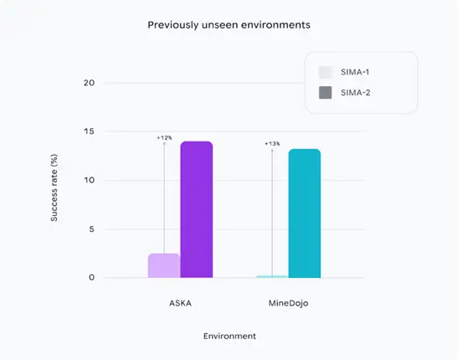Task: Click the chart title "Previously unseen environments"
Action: [x=229, y=25]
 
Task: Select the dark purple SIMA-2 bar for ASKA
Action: [x=197, y=209]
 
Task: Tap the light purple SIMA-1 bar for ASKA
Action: [x=163, y=265]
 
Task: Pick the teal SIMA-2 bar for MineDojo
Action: [x=304, y=213]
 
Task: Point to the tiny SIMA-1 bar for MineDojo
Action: [x=271, y=276]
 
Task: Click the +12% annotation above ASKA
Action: [x=164, y=137]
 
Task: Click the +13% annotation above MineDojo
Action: [x=272, y=144]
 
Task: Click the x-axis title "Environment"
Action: [x=229, y=336]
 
